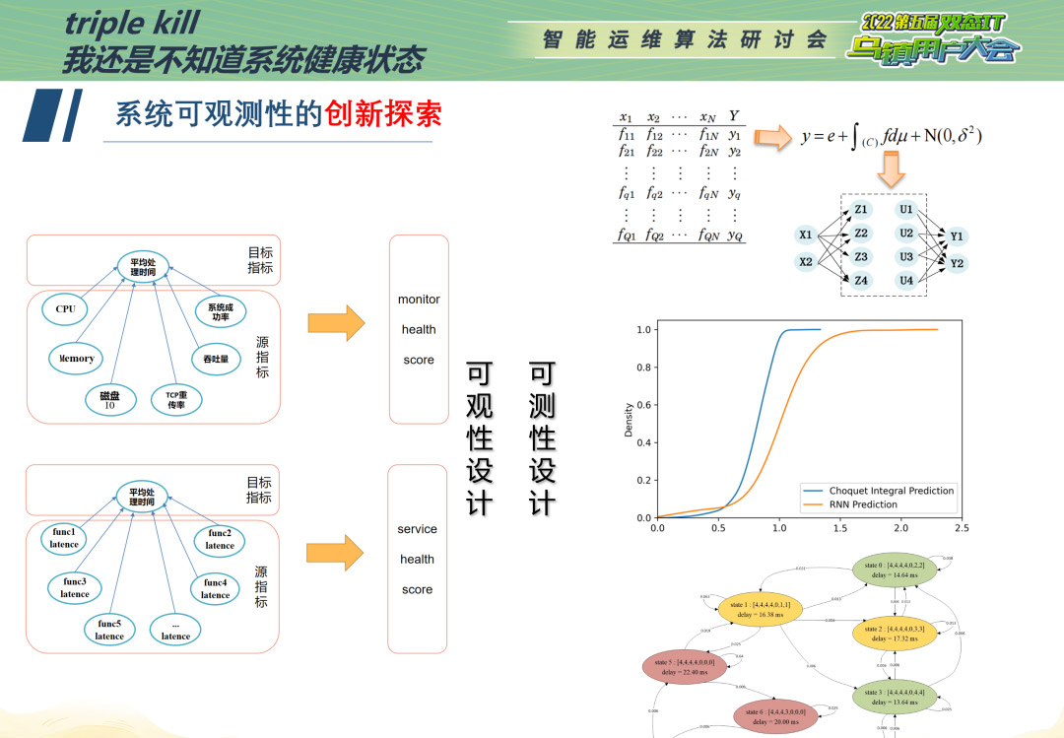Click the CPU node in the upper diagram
(x=66, y=309)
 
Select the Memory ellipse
(x=76, y=359)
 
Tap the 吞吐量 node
(x=216, y=360)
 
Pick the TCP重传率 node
(x=176, y=399)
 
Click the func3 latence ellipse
(x=75, y=588)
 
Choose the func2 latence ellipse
(x=220, y=540)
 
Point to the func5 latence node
(x=109, y=630)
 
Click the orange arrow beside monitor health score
(x=336, y=323)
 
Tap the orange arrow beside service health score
(x=335, y=553)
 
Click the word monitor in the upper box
(x=419, y=300)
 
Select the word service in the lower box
(x=418, y=529)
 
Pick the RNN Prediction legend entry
(x=863, y=504)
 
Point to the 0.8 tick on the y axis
(x=643, y=368)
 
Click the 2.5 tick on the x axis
(x=962, y=528)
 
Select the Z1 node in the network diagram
(x=861, y=210)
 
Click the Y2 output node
(x=957, y=263)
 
